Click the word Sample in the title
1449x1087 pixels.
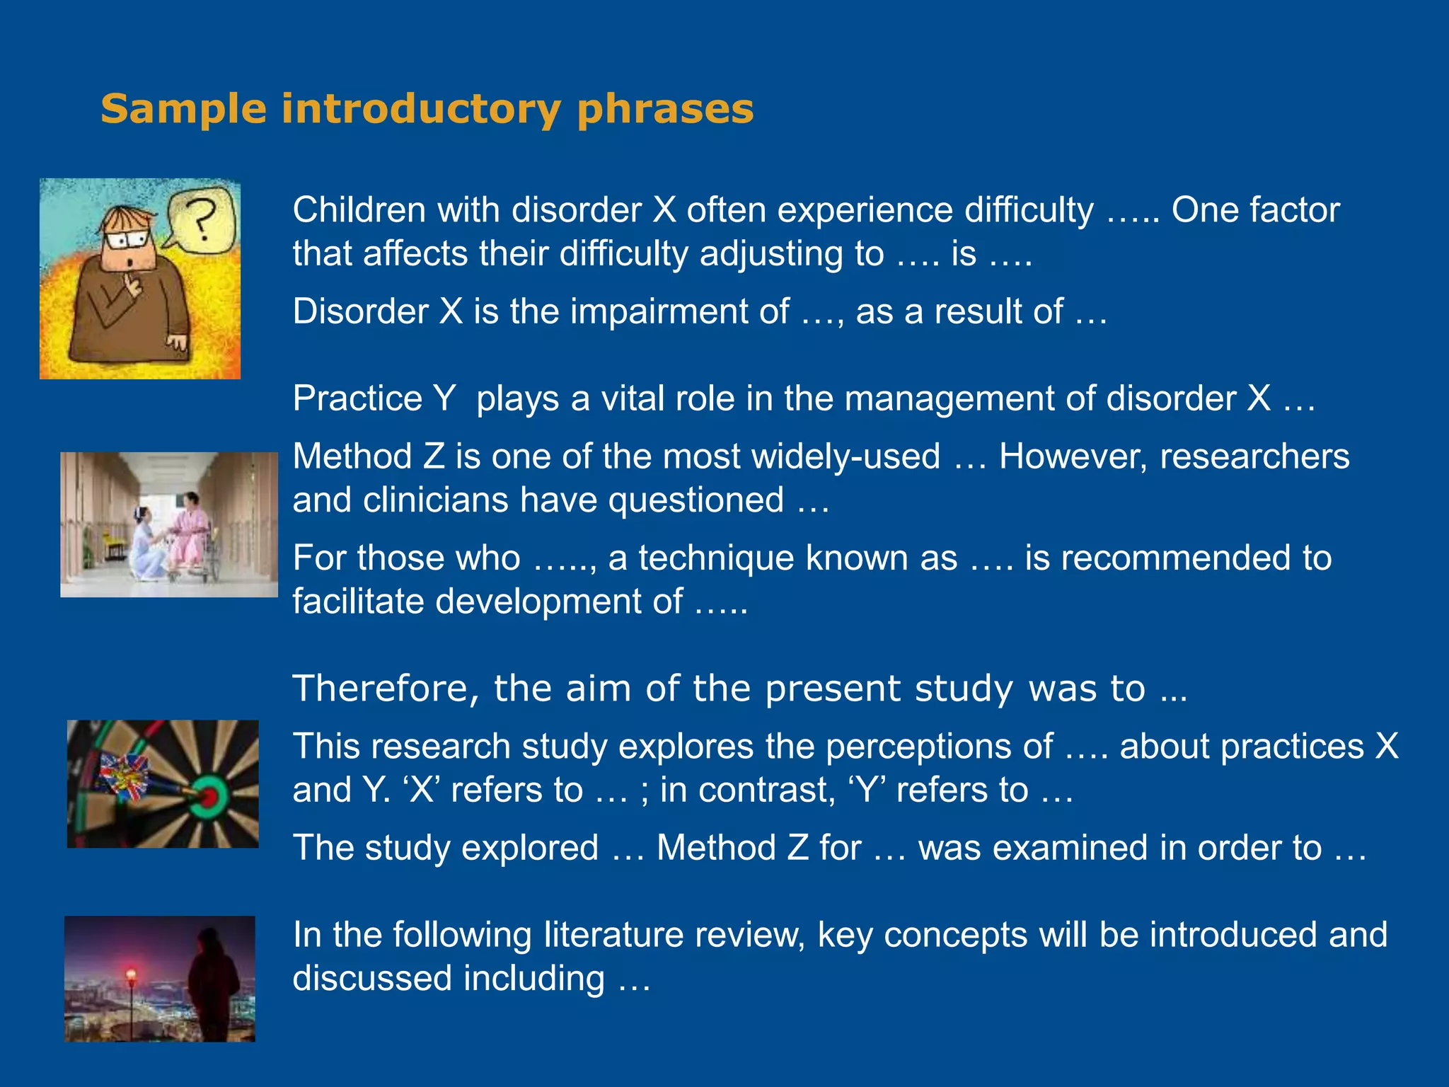coord(183,109)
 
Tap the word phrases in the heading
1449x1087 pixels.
coord(665,110)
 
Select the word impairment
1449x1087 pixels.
coord(679,311)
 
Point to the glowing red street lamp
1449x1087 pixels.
coord(130,977)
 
